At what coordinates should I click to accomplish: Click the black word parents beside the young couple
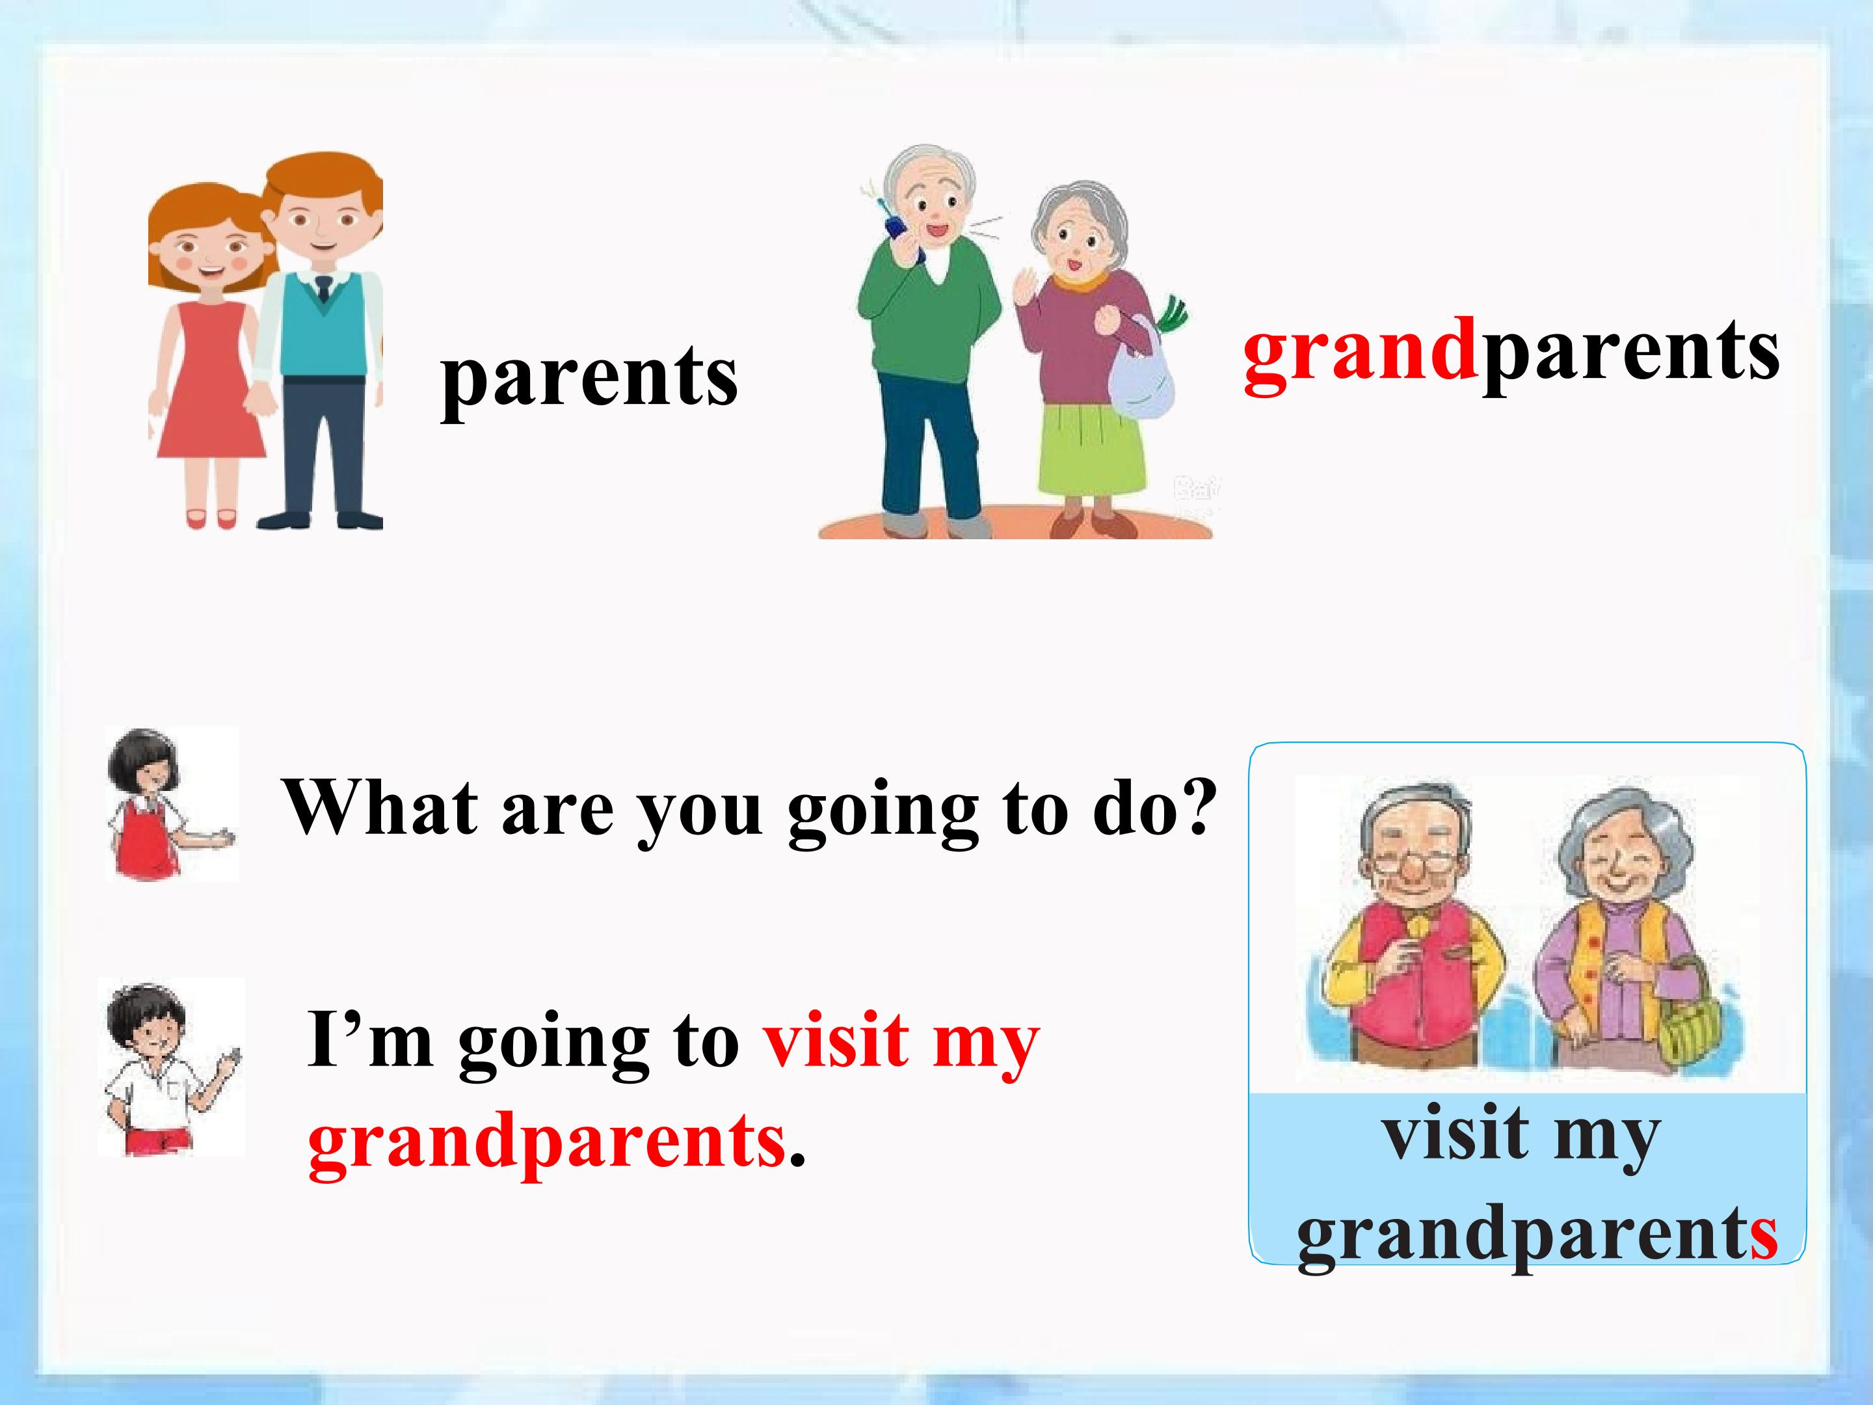pos(589,379)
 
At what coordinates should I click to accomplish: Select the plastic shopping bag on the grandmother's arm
pos(1144,368)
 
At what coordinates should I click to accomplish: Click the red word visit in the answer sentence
pos(836,1041)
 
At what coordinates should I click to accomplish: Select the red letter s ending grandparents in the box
pos(1763,1236)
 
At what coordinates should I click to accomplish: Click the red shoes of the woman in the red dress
pos(211,518)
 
